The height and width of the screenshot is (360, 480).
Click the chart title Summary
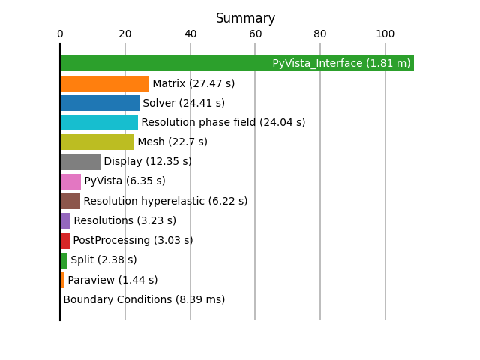coord(245,18)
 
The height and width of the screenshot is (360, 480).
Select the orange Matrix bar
coord(105,83)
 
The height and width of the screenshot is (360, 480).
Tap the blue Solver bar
coord(100,103)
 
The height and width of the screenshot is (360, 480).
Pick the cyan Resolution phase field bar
coord(100,122)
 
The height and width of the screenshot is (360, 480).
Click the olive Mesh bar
coord(97,142)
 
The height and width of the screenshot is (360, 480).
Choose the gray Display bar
coord(80,162)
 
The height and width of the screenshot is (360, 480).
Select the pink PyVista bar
coord(70,181)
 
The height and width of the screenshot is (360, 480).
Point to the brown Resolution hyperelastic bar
coord(70,202)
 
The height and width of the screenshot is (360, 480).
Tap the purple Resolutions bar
coord(65,220)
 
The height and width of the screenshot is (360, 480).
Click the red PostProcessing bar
coord(65,241)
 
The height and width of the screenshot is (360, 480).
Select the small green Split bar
coord(64,260)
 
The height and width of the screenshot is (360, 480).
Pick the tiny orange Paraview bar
coord(62,280)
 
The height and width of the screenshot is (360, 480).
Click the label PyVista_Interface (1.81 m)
coord(341,63)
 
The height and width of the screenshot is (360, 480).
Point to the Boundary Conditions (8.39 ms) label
coord(144,299)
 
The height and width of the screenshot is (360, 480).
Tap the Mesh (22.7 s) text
coord(172,142)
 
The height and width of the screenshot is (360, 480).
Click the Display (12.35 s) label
coord(148,162)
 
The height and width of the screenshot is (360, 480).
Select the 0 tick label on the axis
coord(60,34)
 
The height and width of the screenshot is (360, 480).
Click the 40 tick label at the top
coord(190,34)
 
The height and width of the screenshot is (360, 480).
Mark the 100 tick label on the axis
coord(385,34)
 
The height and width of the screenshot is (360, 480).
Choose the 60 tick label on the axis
coord(255,34)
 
